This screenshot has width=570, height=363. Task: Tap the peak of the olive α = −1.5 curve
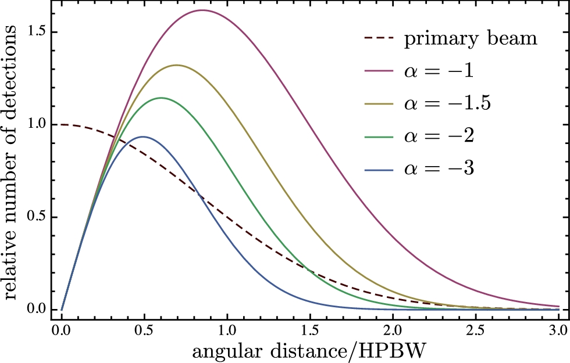pyautogui.click(x=176, y=65)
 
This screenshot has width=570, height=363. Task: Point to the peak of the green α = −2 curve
pyautogui.click(x=161, y=98)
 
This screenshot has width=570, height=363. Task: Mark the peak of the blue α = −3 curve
pyautogui.click(x=143, y=136)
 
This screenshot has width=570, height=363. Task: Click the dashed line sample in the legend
pyautogui.click(x=380, y=40)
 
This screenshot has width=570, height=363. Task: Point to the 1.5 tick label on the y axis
pyautogui.click(x=38, y=31)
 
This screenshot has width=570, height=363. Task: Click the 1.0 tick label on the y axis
pyautogui.click(x=38, y=124)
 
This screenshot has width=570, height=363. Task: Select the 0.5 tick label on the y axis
pyautogui.click(x=38, y=217)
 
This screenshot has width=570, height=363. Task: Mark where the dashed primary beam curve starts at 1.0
pyautogui.click(x=62, y=124)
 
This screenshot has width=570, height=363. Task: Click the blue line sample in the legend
pyautogui.click(x=380, y=170)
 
